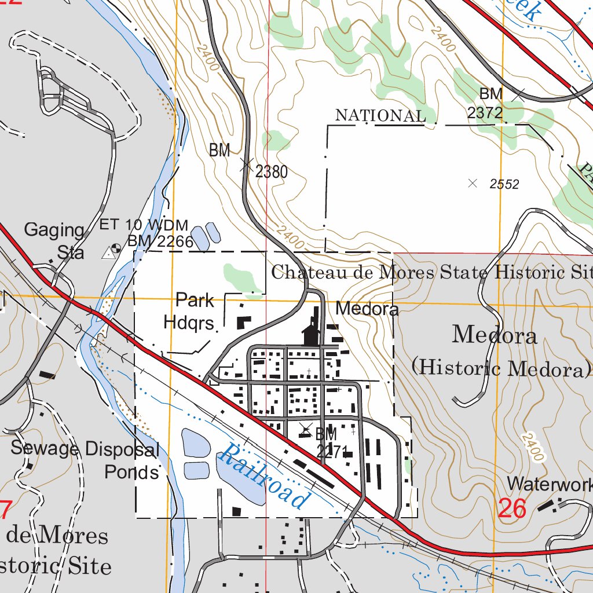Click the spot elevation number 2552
click(x=504, y=185)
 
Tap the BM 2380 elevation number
click(x=271, y=171)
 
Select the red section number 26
click(x=512, y=509)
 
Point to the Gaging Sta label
click(x=55, y=241)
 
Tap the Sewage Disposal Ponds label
click(x=85, y=460)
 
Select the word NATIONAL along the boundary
click(x=380, y=115)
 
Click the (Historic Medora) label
click(x=501, y=367)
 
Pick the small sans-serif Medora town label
click(x=367, y=309)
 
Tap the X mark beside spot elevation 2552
click(x=473, y=184)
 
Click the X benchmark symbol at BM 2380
click(x=246, y=166)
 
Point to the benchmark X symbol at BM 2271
click(x=306, y=431)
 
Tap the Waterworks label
click(x=549, y=484)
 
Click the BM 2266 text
click(x=160, y=241)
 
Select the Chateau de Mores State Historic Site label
click(x=432, y=272)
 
